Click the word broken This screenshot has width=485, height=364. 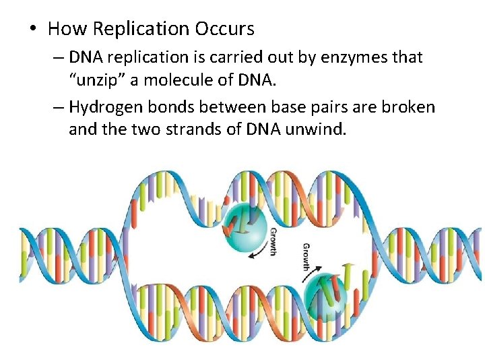coord(407,107)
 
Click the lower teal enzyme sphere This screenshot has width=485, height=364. coord(327,295)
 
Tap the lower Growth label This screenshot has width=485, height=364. coord(307,257)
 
